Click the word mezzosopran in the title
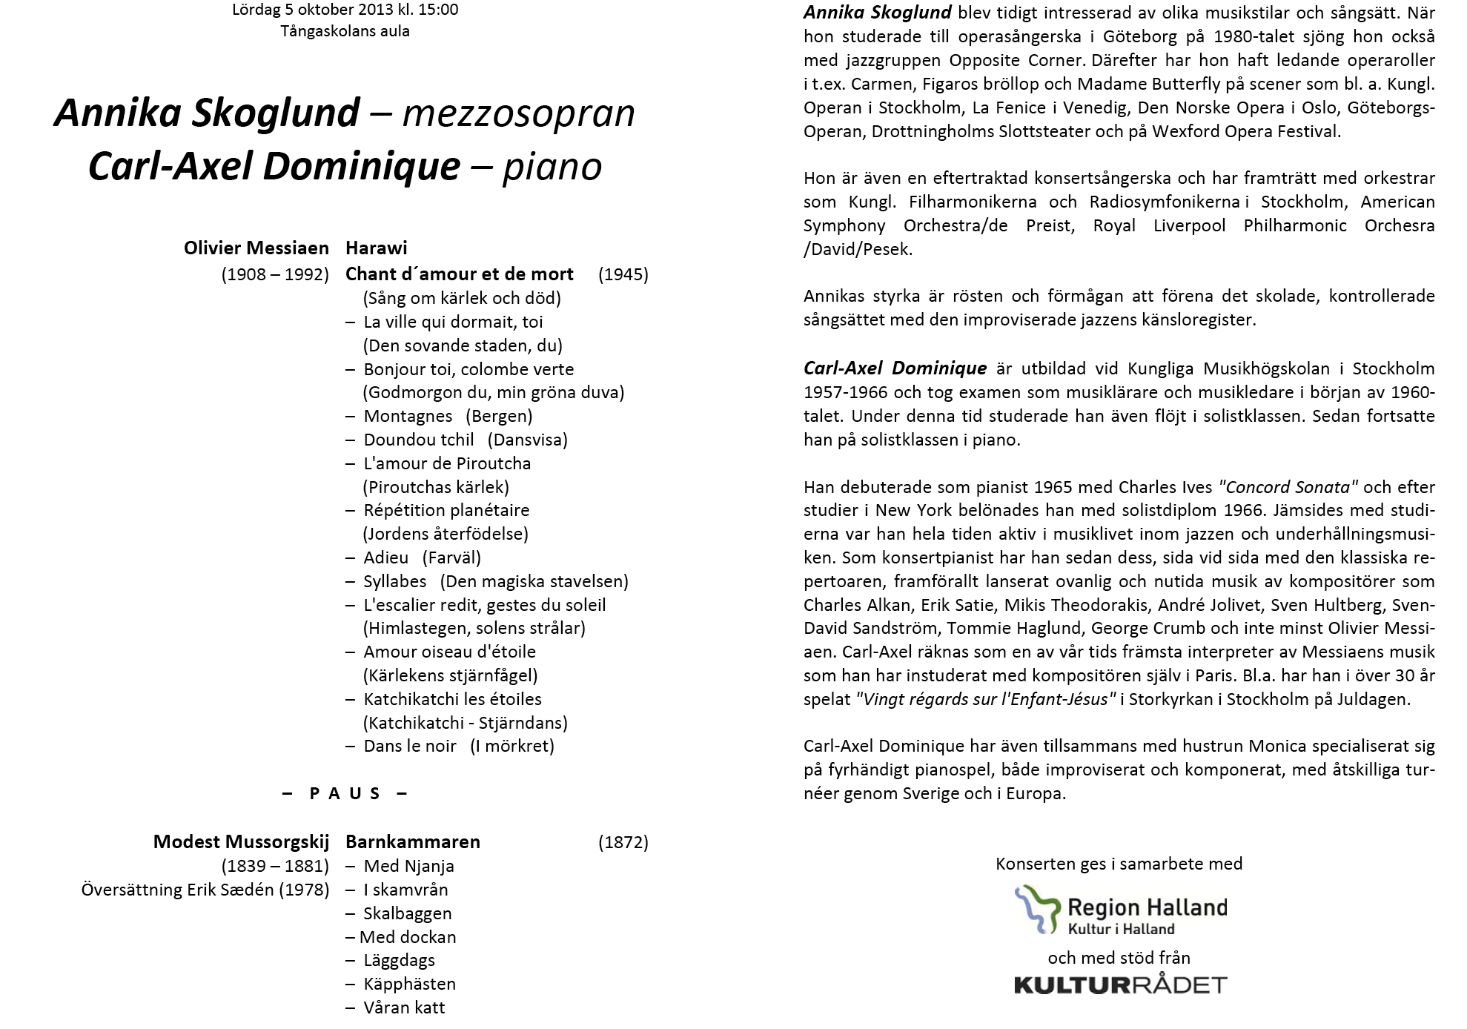tap(518, 113)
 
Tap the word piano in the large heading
tap(552, 167)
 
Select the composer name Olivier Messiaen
tap(256, 248)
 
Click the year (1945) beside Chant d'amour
tap(623, 274)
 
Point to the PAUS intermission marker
tap(345, 794)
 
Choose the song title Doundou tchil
tap(418, 440)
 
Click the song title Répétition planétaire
tap(446, 510)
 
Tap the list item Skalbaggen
tap(407, 913)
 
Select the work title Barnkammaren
tap(412, 842)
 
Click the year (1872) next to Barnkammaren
tap(623, 842)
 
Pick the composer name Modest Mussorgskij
tap(241, 842)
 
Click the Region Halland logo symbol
tap(1036, 908)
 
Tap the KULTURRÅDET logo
tap(1120, 985)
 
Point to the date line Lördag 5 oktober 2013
tap(345, 10)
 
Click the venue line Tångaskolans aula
tap(345, 31)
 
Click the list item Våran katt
tap(404, 1008)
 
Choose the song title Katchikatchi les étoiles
tap(452, 699)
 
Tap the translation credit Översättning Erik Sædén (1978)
tap(205, 890)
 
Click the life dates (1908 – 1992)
tap(275, 274)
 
